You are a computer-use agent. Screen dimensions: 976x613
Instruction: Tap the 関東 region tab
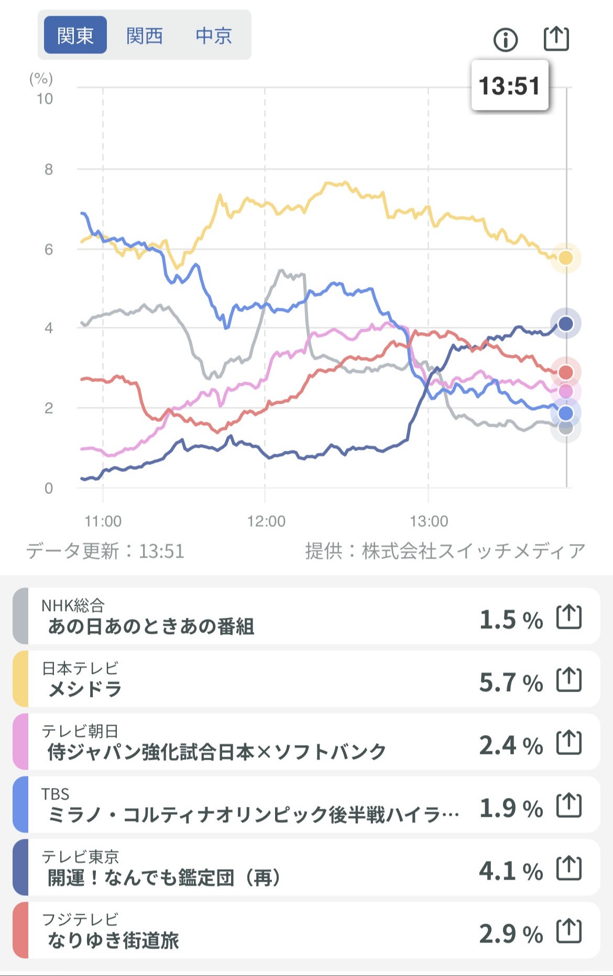click(x=75, y=35)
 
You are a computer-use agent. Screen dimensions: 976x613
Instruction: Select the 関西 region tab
click(x=144, y=36)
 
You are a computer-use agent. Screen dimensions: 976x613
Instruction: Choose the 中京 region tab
click(x=213, y=36)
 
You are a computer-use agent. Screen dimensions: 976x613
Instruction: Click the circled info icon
click(x=506, y=39)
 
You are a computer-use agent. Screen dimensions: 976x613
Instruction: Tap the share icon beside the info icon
click(x=555, y=38)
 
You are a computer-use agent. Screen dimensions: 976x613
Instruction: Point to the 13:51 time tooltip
click(x=509, y=85)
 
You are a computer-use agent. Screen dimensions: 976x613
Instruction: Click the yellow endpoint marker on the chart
click(x=565, y=258)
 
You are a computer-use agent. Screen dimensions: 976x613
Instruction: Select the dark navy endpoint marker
click(x=565, y=324)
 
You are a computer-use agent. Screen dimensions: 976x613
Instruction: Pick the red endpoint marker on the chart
click(x=565, y=372)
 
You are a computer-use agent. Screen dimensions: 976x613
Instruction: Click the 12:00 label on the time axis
click(x=266, y=521)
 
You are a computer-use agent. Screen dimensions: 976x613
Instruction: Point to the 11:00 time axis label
click(x=103, y=521)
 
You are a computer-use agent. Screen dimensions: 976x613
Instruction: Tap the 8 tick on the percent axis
click(x=49, y=169)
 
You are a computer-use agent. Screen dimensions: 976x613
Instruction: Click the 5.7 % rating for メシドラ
click(x=511, y=682)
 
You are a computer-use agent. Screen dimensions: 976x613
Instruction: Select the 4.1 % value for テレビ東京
click(x=511, y=871)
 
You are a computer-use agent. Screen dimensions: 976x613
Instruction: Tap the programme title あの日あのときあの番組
click(x=151, y=626)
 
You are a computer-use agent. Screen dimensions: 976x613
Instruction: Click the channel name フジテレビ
click(x=80, y=919)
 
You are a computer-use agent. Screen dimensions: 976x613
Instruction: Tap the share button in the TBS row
click(x=569, y=806)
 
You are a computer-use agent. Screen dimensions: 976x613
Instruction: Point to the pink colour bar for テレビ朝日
click(x=20, y=741)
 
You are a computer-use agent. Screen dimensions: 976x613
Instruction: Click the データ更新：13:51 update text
click(x=105, y=551)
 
